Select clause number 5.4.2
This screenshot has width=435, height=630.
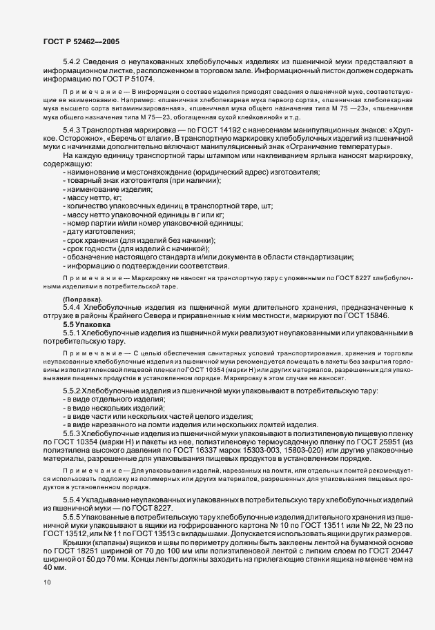[x=72, y=63]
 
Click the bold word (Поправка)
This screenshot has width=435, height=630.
[x=82, y=297]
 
